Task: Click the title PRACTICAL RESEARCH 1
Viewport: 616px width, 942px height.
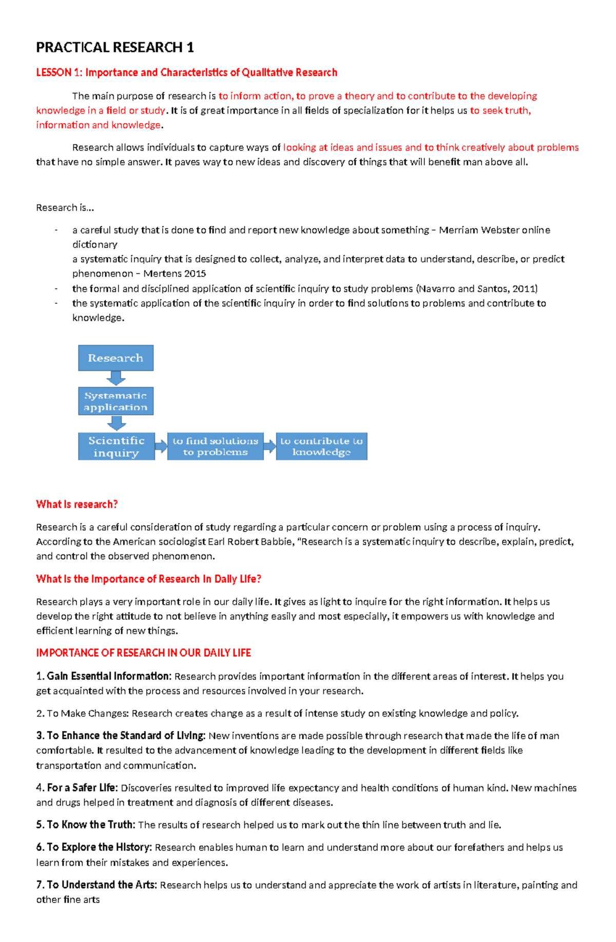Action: [x=114, y=48]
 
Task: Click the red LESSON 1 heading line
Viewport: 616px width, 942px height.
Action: [x=186, y=72]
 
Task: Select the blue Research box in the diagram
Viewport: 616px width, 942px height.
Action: [x=115, y=358]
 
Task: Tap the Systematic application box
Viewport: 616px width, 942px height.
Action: [x=115, y=401]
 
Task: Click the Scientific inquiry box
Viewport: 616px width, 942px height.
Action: [x=116, y=446]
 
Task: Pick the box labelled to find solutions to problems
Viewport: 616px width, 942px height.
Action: [x=215, y=446]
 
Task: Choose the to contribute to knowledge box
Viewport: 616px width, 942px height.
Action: [x=321, y=446]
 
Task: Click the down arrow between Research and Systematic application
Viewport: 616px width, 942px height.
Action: [x=116, y=378]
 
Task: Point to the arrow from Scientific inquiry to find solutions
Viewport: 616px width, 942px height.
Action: [x=161, y=446]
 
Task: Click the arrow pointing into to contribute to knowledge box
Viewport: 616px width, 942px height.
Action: [x=270, y=446]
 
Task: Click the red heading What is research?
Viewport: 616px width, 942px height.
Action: [x=77, y=504]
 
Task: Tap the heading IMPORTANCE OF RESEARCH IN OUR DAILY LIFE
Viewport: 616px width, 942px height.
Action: [x=143, y=653]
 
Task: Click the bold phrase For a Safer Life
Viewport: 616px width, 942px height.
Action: [x=82, y=787]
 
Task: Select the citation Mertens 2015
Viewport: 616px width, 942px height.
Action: [x=175, y=274]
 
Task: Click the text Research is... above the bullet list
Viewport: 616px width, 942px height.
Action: [x=65, y=207]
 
